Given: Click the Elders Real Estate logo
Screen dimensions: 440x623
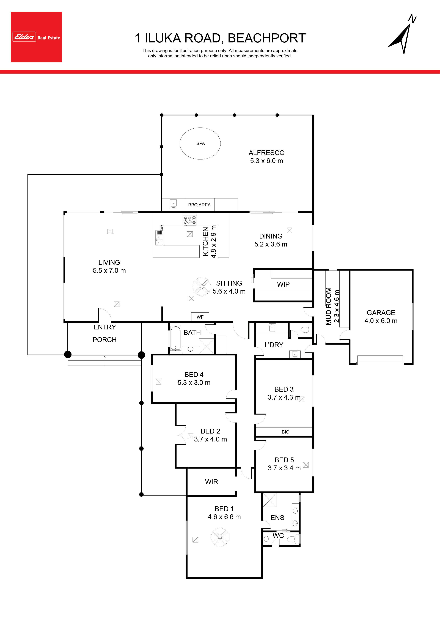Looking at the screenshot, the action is (36, 37).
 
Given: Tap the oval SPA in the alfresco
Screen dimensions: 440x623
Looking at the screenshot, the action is (200, 143).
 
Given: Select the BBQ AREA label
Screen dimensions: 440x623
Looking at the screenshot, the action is (199, 205).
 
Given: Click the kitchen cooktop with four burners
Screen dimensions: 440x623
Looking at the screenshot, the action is (190, 220).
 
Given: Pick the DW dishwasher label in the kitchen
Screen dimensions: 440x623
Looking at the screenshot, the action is (162, 228).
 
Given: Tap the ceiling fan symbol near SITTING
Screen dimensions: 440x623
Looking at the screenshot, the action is (202, 286).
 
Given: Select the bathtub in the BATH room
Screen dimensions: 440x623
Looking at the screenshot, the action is (176, 338).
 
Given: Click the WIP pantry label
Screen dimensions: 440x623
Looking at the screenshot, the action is (283, 284).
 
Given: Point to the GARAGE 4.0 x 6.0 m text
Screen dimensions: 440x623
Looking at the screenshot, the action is (381, 317).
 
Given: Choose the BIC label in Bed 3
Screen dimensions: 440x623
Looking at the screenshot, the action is (285, 432).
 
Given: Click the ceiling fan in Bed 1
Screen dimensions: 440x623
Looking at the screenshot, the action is (220, 537).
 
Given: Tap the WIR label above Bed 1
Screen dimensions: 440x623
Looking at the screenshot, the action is (211, 482).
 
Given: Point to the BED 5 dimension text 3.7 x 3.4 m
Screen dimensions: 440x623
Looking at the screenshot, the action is (284, 468).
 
